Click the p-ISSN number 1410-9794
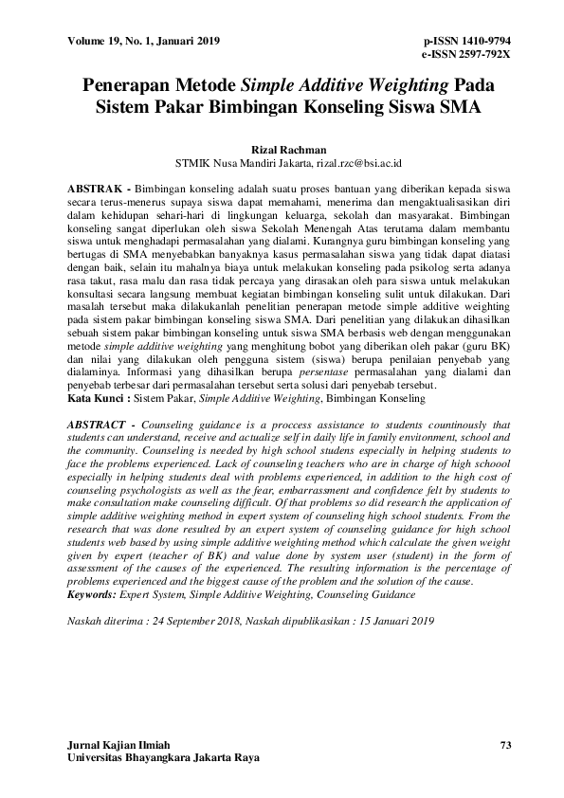pos(480,41)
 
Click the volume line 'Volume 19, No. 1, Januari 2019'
pos(144,41)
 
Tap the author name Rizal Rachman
pos(282,150)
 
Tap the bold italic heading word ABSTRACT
pos(102,425)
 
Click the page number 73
pos(505,746)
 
